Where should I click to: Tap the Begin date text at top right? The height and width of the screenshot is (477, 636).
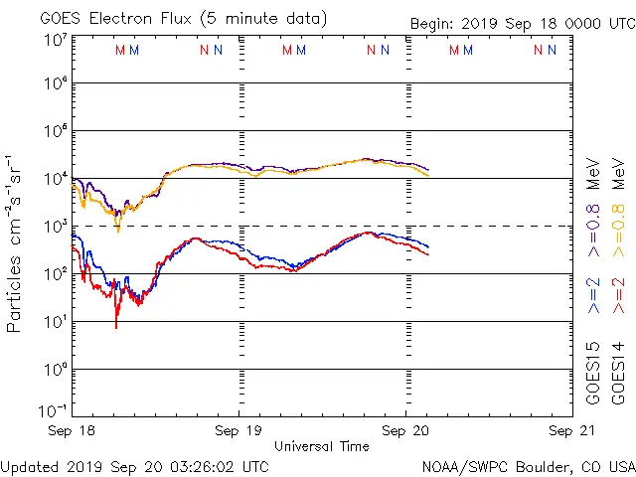coord(522,24)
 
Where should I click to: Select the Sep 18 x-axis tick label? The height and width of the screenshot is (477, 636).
coord(73,431)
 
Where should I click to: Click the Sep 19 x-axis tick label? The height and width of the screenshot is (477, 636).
coord(238,431)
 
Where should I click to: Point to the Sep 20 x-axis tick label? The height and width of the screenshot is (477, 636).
coord(405,431)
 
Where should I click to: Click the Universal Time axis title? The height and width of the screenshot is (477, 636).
coord(321,446)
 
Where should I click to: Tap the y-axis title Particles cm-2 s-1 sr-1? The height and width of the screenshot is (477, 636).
coord(16,243)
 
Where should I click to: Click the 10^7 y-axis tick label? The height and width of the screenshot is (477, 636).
coord(55,40)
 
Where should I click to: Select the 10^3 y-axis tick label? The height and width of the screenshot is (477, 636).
coord(55,227)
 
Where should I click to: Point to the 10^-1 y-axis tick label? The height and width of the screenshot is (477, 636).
coord(55,409)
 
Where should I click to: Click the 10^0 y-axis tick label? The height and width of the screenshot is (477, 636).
coord(55,370)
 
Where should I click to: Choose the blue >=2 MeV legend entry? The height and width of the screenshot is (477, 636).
coord(594,296)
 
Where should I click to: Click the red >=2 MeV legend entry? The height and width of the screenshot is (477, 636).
coord(618,296)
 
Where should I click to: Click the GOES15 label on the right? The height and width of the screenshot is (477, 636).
coord(594,373)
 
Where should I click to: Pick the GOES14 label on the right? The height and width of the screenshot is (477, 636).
coord(618,373)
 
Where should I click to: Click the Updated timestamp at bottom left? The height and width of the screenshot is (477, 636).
coord(134,466)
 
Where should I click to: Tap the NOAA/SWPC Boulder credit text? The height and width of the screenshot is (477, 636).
coord(528,466)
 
